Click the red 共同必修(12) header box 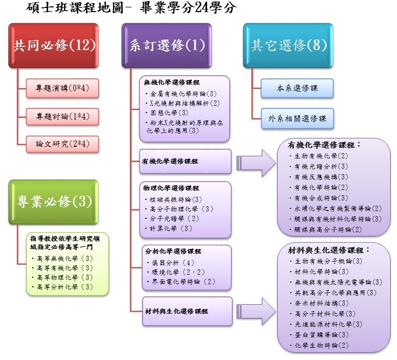click(x=54, y=46)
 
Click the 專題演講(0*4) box click(x=63, y=88)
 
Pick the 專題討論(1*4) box click(x=63, y=116)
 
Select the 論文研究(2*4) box click(x=63, y=143)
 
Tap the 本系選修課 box click(x=297, y=88)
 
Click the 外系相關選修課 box click(x=297, y=119)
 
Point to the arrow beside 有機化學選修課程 click(x=255, y=161)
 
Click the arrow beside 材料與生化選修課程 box click(x=255, y=311)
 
